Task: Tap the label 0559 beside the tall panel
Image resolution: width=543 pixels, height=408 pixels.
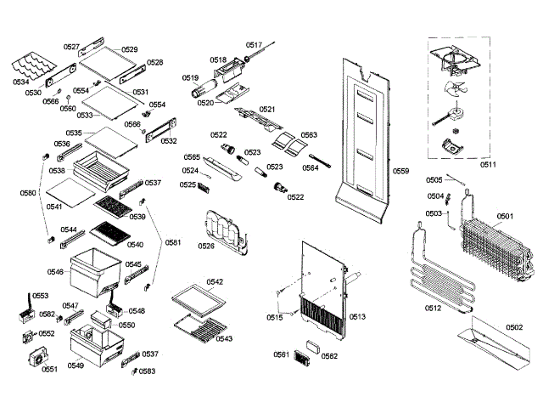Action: click(401, 172)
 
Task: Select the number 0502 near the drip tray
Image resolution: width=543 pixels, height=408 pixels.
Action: click(514, 326)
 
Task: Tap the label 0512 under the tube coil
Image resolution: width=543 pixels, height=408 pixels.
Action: click(433, 309)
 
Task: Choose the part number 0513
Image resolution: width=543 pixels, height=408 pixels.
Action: click(356, 317)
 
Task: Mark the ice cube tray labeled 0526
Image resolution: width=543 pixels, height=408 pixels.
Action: click(221, 231)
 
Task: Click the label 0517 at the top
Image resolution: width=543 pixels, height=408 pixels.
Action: click(255, 44)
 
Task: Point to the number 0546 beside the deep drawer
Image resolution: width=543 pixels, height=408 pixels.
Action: click(55, 272)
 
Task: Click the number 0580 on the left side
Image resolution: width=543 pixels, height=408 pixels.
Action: click(28, 193)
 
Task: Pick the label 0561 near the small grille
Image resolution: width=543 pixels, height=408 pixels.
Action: click(281, 354)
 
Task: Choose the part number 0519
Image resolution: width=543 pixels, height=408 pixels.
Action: click(190, 77)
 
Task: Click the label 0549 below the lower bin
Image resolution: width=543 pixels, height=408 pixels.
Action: click(76, 365)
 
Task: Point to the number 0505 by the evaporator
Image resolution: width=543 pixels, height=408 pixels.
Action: click(434, 180)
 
